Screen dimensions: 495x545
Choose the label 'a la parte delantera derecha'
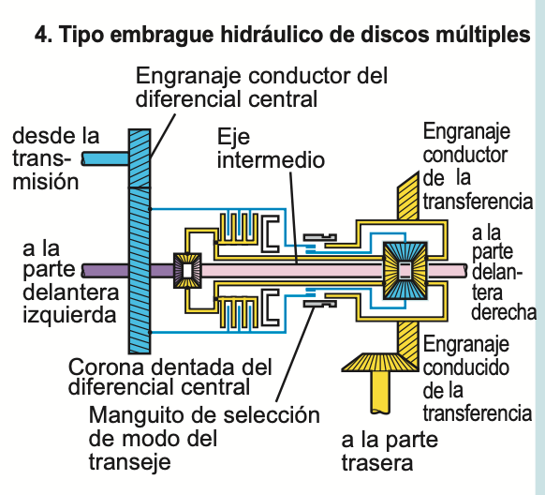click(x=502, y=271)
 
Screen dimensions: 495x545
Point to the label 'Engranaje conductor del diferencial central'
click(x=262, y=86)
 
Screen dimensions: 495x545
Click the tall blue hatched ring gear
click(x=138, y=234)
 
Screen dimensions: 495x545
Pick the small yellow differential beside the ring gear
click(x=187, y=270)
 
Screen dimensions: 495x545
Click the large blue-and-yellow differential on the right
click(x=405, y=270)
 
